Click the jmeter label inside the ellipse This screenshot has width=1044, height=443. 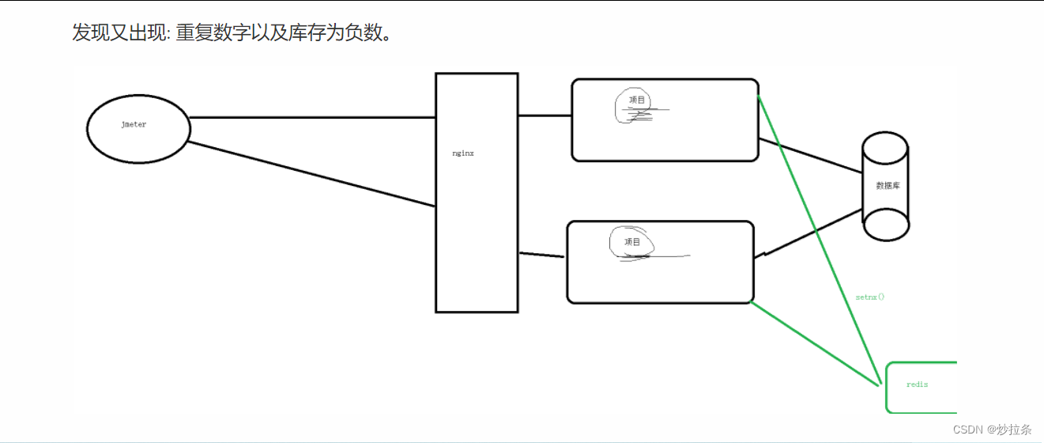[134, 125]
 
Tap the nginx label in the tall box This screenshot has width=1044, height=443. [462, 153]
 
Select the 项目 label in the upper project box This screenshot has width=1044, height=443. [637, 100]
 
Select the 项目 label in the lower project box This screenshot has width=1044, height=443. [632, 242]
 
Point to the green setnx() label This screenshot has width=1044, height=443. [869, 297]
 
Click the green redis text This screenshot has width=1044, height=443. [917, 384]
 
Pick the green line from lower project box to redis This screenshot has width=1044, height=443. [814, 343]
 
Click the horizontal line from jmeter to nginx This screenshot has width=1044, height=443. [312, 118]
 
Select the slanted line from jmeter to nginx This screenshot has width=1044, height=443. [312, 175]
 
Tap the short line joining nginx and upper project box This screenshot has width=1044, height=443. [545, 115]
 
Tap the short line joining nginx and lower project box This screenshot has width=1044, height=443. [541, 255]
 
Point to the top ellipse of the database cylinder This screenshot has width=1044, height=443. [885, 146]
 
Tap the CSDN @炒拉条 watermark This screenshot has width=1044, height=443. [992, 430]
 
